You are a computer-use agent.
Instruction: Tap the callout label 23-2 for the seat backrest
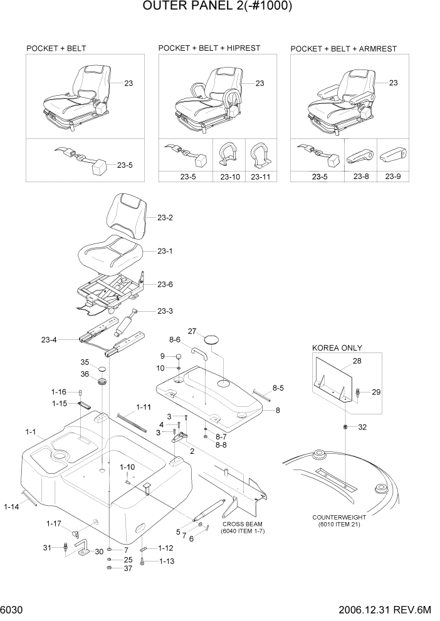pos(165,218)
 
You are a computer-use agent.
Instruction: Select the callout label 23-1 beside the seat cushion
pos(165,251)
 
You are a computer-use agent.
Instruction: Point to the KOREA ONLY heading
pos(337,348)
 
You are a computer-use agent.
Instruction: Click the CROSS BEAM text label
pos(241,524)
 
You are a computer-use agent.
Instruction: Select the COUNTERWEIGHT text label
pos(338,517)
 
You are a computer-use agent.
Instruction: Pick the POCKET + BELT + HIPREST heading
pos(209,48)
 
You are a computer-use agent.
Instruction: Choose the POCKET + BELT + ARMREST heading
pos(343,48)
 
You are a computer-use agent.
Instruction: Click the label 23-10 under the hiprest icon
pos(230,177)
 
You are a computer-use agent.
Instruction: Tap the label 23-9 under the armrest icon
pos(393,177)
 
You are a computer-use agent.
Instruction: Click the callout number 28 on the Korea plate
pos(357,362)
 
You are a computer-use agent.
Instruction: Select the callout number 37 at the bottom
pos(128,568)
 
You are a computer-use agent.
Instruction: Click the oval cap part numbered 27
pos(213,339)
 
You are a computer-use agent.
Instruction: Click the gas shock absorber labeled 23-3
pos(123,326)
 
